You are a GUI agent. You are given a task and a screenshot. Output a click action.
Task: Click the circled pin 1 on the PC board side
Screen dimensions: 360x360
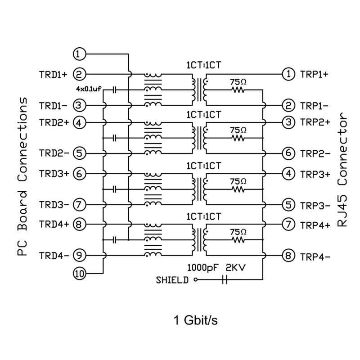tap(79, 54)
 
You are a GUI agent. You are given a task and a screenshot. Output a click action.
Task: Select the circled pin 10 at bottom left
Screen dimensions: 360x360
tap(79, 273)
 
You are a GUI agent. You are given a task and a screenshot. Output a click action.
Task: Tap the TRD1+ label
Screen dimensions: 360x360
tap(53, 74)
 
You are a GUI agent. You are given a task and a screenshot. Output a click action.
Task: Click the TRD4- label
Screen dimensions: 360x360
tap(53, 256)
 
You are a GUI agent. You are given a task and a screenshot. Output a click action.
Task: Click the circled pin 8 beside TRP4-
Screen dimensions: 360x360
tap(288, 256)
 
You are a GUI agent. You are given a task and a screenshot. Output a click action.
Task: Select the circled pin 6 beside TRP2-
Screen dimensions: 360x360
tap(288, 153)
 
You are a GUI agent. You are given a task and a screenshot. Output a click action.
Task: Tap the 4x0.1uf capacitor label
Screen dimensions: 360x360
tap(89, 89)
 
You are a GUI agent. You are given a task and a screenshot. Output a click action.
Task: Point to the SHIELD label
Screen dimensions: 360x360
tap(172, 280)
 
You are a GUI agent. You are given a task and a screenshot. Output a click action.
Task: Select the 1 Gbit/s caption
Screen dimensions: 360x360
tap(196, 321)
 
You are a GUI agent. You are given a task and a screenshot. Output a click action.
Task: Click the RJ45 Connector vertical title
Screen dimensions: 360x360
tap(343, 170)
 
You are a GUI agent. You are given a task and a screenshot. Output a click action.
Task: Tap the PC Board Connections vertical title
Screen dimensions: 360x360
tap(22, 177)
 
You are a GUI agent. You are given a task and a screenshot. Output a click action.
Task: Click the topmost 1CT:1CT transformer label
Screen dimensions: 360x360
tap(203, 64)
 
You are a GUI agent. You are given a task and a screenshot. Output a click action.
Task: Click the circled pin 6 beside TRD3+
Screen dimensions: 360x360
tap(79, 174)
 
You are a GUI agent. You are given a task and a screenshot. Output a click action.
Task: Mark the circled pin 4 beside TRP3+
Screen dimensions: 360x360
tap(288, 173)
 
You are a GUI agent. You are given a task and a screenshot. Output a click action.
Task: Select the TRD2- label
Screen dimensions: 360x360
tap(53, 153)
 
